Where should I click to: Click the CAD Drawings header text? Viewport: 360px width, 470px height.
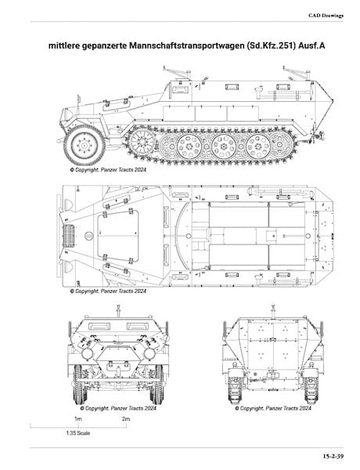click(x=326, y=16)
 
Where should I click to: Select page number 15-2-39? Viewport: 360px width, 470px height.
click(x=333, y=457)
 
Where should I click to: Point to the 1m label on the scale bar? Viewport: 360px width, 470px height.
click(x=78, y=419)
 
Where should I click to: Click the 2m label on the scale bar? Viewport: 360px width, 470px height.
click(x=126, y=419)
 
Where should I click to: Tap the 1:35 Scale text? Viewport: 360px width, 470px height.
click(x=78, y=433)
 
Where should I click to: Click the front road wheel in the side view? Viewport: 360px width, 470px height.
click(x=85, y=146)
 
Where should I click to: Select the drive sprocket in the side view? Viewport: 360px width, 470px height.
click(x=142, y=142)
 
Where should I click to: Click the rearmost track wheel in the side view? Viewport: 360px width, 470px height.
click(x=281, y=145)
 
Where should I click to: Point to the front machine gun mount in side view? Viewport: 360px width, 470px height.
click(x=178, y=73)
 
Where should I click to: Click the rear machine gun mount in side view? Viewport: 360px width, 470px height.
click(x=297, y=73)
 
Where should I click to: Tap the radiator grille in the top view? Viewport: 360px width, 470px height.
click(x=69, y=236)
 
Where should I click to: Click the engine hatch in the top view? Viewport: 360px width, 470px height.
click(x=118, y=235)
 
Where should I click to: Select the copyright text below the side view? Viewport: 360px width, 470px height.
click(x=108, y=170)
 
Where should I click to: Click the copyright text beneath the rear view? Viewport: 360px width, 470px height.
click(x=273, y=408)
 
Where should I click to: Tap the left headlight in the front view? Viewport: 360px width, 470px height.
click(x=87, y=354)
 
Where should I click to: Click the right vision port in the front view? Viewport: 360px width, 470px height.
click(x=137, y=326)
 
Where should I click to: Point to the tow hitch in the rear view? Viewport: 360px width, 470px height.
click(x=273, y=375)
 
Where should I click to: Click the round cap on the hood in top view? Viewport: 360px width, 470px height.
click(x=89, y=236)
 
